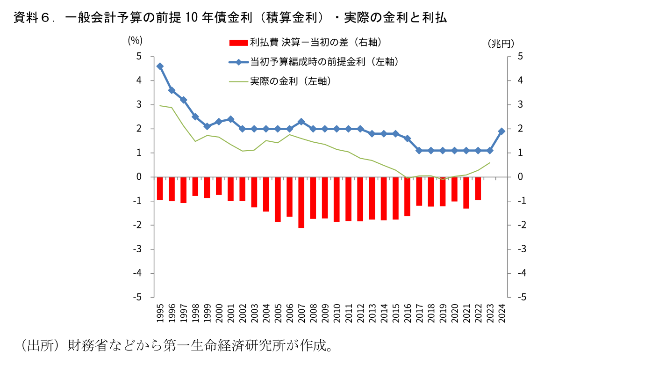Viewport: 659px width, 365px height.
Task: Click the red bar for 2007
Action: click(x=301, y=202)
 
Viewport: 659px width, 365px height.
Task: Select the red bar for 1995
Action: click(x=160, y=188)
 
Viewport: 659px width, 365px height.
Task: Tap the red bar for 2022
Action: click(x=478, y=188)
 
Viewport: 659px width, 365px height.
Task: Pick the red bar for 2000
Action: click(x=219, y=186)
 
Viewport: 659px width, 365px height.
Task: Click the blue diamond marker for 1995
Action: click(x=160, y=66)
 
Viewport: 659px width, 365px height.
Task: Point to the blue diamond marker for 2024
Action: click(x=502, y=131)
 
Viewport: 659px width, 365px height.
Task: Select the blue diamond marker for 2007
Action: click(x=301, y=122)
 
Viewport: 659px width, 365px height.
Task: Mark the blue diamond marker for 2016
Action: click(x=408, y=139)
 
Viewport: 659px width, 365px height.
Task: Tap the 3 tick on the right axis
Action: click(x=521, y=105)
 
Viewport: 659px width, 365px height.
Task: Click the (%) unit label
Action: click(x=135, y=41)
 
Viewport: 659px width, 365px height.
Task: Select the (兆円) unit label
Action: click(x=501, y=44)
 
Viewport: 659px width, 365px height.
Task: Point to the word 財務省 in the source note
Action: click(x=87, y=346)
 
